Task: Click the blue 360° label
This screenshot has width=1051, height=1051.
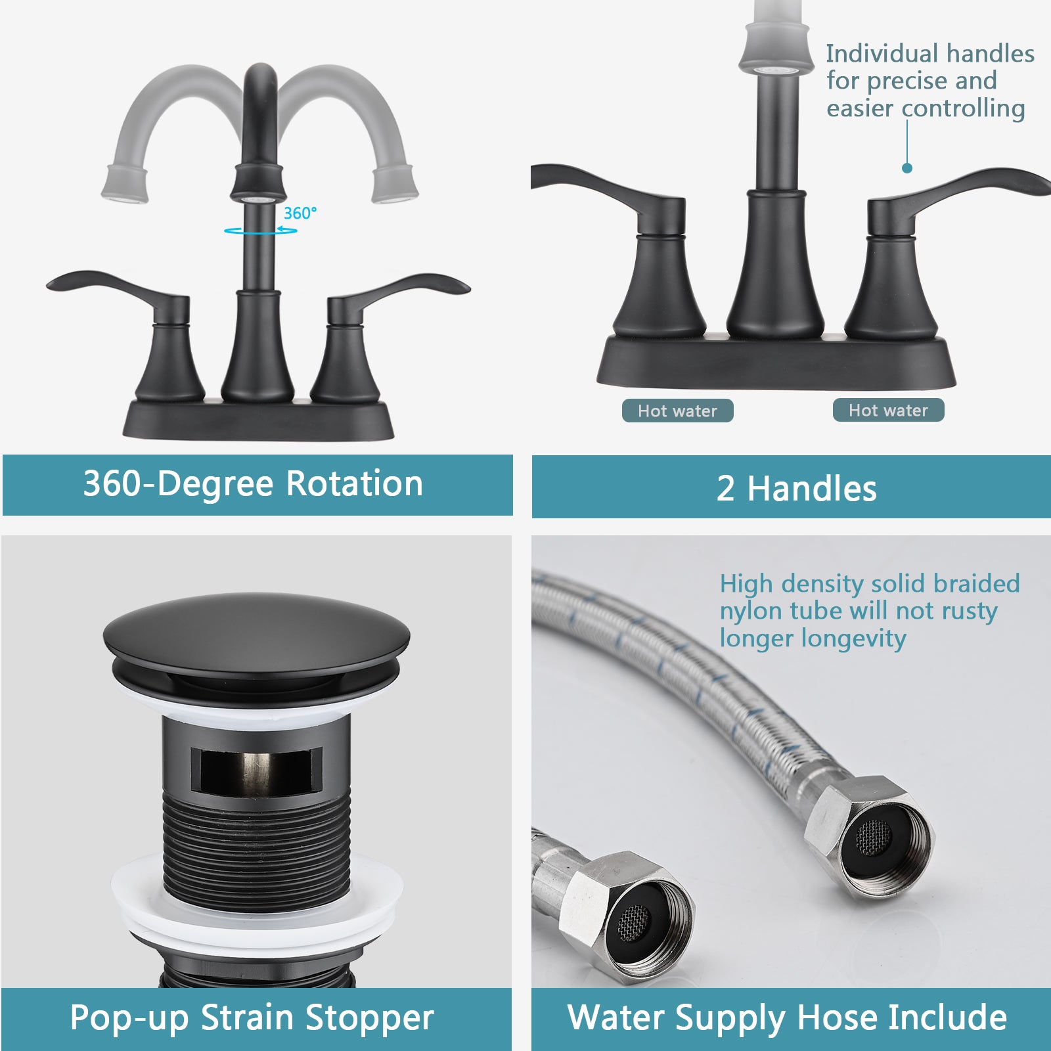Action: pos(300,213)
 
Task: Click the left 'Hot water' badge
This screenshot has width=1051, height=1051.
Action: pos(677,411)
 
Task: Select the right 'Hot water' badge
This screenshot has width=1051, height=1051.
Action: pos(888,411)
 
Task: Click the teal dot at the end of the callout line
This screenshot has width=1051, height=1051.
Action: pos(907,168)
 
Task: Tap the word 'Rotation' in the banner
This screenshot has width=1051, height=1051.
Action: pos(355,484)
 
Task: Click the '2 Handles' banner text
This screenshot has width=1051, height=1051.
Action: pos(796,489)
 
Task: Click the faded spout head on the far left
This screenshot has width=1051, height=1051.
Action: pos(124,184)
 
